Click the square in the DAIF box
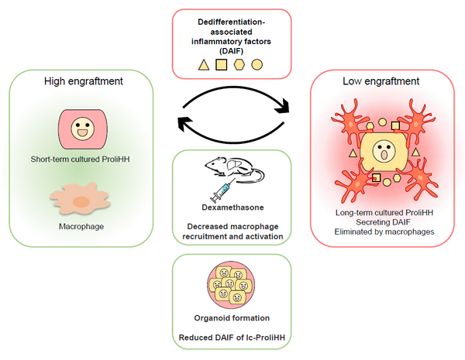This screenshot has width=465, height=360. click(x=221, y=64)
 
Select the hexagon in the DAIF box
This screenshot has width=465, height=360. click(x=239, y=64)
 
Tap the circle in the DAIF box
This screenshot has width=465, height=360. click(x=257, y=64)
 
